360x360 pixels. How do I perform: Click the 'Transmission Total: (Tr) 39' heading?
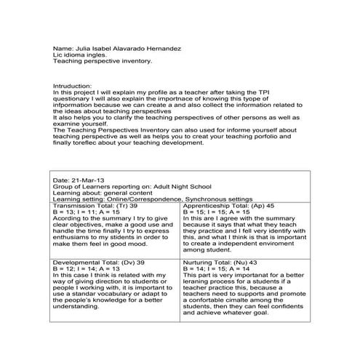coord(93,205)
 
